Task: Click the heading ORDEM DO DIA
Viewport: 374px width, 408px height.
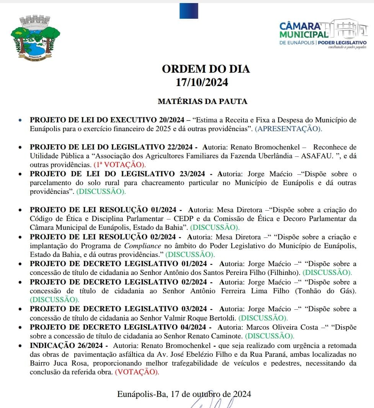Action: pos(206,69)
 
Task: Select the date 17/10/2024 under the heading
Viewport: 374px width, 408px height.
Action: pos(202,82)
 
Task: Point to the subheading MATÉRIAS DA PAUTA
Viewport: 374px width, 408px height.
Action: pos(203,101)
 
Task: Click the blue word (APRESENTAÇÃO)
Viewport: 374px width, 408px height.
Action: pos(289,129)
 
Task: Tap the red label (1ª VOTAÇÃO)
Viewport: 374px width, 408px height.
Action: pos(120,165)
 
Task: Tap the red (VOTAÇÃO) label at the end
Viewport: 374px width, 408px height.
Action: pos(137,372)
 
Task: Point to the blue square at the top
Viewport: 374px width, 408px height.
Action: pos(189,11)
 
